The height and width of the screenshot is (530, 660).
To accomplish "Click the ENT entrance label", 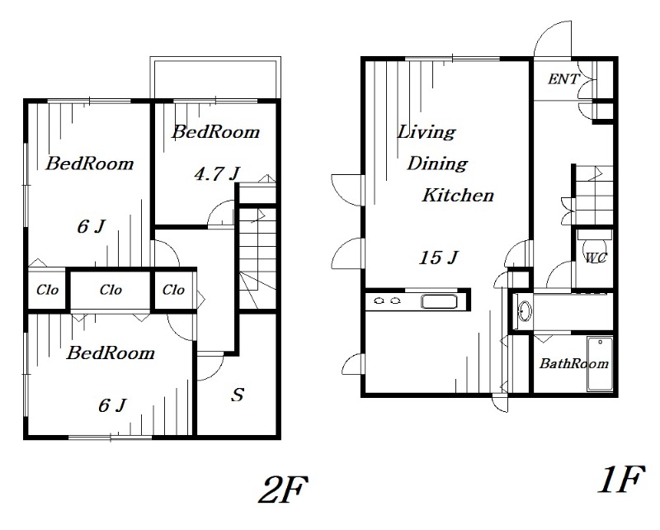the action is click(563, 78).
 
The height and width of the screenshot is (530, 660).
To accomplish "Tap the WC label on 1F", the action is click(596, 258).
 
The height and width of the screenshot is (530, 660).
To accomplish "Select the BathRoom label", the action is click(574, 363).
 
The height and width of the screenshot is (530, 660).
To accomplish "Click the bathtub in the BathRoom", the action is click(600, 364).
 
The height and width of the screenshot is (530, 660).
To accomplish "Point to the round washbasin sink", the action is click(525, 312).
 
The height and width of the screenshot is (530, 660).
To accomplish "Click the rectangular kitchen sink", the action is click(440, 301).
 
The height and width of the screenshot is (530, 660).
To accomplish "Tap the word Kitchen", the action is click(458, 195).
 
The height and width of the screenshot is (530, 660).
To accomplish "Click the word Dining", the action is click(437, 163).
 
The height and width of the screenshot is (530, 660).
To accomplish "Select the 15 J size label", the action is click(438, 258).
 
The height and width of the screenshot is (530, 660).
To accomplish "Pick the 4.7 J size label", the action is click(217, 173).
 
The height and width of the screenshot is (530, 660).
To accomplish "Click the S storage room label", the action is click(238, 395).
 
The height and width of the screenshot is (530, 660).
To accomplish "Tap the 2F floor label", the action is click(283, 490).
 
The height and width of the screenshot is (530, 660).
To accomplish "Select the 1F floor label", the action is click(622, 479).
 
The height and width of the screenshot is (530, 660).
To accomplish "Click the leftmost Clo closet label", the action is click(47, 290).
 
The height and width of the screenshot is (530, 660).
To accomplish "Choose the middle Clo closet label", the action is click(111, 290).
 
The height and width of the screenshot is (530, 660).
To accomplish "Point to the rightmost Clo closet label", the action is click(173, 290).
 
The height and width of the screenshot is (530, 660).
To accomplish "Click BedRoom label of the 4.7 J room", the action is click(215, 132).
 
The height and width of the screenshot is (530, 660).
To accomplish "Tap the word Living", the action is click(427, 132).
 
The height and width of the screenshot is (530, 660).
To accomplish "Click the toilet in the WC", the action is click(594, 249).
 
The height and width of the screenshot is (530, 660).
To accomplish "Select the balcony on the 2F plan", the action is click(215, 78).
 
